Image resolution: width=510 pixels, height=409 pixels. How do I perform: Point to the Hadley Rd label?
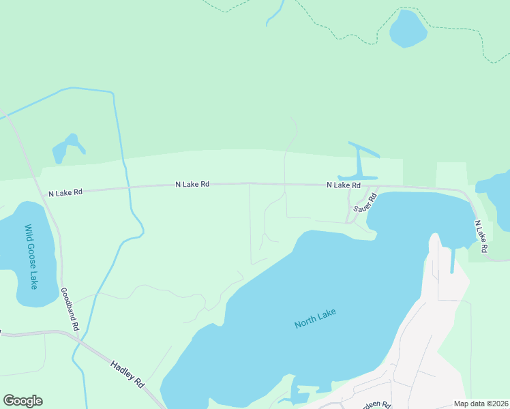point(128,375)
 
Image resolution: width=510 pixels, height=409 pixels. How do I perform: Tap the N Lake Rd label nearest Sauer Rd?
point(343,185)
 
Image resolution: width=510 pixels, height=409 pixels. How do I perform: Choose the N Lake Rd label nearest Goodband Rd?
point(65,193)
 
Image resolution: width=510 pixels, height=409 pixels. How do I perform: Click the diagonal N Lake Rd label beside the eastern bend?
point(481,237)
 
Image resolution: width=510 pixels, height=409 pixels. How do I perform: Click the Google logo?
point(22,401)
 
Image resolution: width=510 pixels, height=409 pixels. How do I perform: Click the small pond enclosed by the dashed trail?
point(408,29)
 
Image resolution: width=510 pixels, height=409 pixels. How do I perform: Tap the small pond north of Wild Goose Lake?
point(67,148)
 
